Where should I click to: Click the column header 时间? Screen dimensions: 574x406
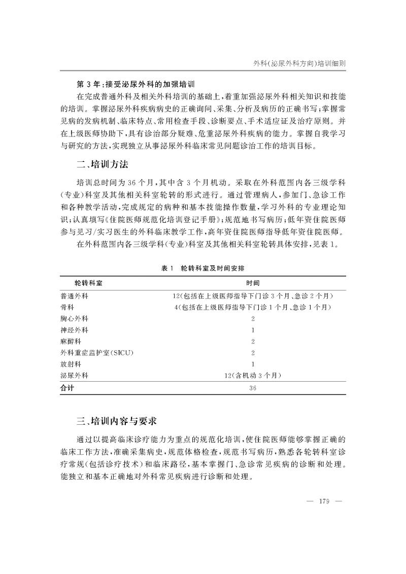tap(253, 282)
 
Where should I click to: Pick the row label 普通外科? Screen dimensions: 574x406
tap(74, 295)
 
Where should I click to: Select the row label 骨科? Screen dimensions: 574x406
tap(67, 307)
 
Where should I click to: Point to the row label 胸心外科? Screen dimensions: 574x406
tap(74, 319)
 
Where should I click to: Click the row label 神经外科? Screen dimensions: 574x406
tap(74, 330)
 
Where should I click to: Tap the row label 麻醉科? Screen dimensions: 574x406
tap(71, 341)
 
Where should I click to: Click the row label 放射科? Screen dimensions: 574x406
tap(71, 364)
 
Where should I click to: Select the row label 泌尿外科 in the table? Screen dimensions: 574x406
tap(74, 376)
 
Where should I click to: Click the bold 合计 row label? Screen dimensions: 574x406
tap(67, 387)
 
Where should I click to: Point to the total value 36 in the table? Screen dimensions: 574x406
tap(253, 387)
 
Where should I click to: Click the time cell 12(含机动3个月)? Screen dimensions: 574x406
tap(253, 376)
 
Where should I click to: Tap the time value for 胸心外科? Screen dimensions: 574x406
tap(253, 319)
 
